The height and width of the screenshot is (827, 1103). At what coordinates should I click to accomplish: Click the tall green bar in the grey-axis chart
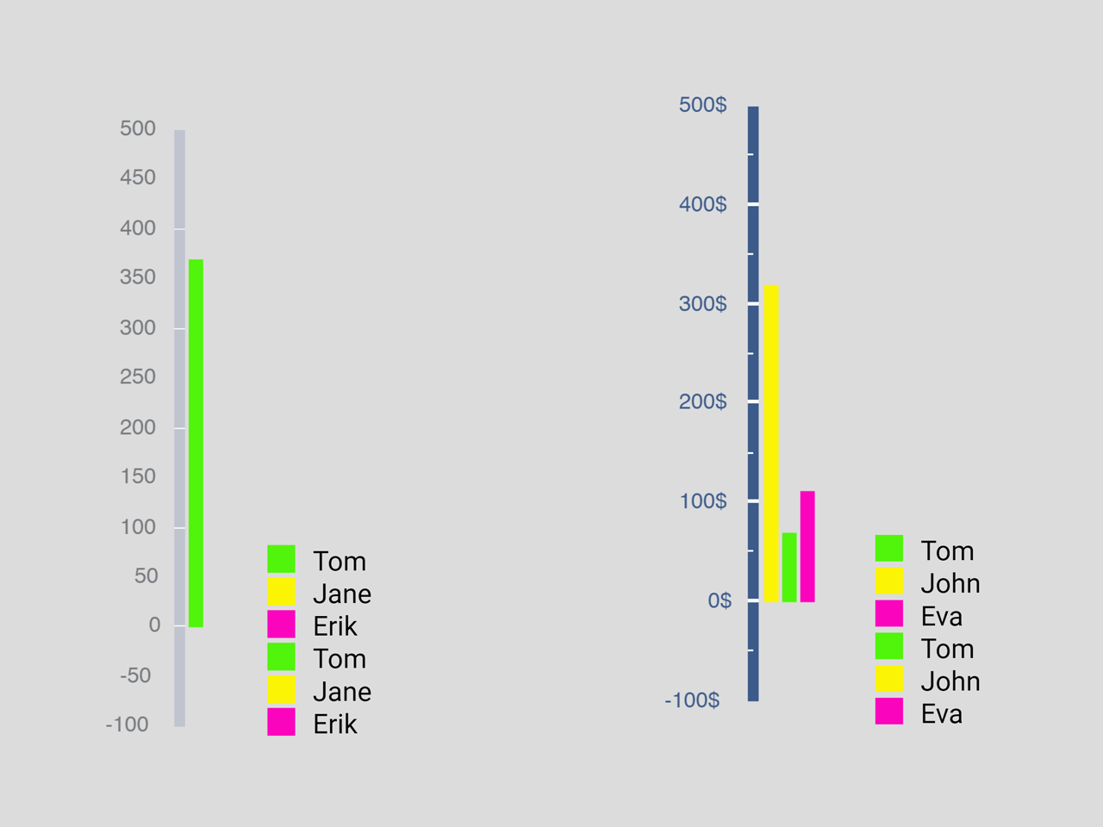(x=196, y=443)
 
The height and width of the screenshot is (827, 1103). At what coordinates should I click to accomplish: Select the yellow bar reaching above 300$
(x=771, y=444)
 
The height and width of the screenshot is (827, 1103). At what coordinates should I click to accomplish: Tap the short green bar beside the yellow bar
(x=789, y=568)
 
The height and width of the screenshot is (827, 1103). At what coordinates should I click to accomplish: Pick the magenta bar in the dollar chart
(x=807, y=546)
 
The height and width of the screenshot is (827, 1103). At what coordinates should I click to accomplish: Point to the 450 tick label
(x=138, y=177)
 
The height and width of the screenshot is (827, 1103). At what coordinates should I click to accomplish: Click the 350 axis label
(x=138, y=277)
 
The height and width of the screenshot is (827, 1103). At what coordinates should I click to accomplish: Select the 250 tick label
(x=138, y=377)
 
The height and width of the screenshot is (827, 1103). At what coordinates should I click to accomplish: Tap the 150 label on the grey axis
(x=138, y=476)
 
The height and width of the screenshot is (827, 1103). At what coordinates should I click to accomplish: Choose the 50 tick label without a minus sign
(x=146, y=576)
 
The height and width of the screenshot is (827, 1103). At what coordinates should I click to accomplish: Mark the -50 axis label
(x=135, y=675)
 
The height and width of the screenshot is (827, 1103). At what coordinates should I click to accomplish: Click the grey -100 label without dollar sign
(x=128, y=724)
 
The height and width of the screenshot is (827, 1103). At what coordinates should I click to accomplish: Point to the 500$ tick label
(x=702, y=105)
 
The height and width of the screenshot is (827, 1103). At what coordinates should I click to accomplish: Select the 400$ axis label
(x=702, y=205)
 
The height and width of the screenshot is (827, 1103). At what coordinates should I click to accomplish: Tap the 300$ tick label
(x=702, y=304)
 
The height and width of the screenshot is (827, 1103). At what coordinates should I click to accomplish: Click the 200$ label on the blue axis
(x=702, y=402)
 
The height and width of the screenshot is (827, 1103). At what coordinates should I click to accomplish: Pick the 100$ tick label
(x=702, y=501)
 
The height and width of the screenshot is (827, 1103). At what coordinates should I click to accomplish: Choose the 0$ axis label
(x=719, y=600)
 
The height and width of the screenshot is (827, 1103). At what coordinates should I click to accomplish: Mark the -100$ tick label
(x=692, y=700)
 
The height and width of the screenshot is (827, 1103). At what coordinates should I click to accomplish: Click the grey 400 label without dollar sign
(x=138, y=228)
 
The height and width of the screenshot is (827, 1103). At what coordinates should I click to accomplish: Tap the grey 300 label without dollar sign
(x=138, y=328)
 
